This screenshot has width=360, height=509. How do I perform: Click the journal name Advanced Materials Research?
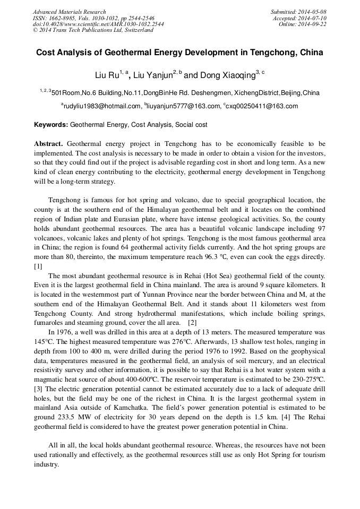point(69,12)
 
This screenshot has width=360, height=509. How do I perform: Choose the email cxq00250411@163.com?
point(262,106)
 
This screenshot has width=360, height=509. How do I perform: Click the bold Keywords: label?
point(51,125)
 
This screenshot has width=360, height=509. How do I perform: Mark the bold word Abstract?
point(48,144)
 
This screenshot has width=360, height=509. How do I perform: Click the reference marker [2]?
point(193,322)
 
